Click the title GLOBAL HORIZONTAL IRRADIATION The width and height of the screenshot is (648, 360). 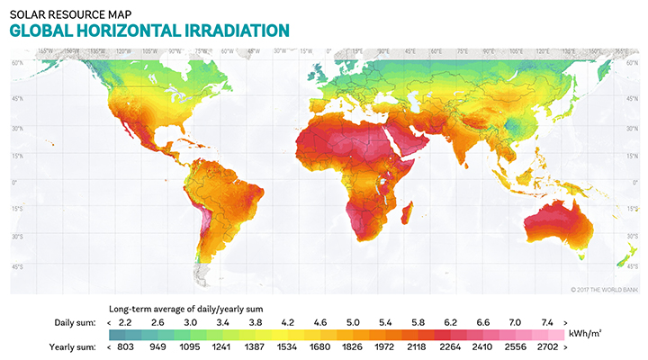(148, 30)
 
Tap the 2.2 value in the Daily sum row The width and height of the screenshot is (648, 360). (125, 321)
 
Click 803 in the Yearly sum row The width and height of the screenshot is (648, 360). (125, 345)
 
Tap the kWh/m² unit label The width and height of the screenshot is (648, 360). (589, 333)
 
